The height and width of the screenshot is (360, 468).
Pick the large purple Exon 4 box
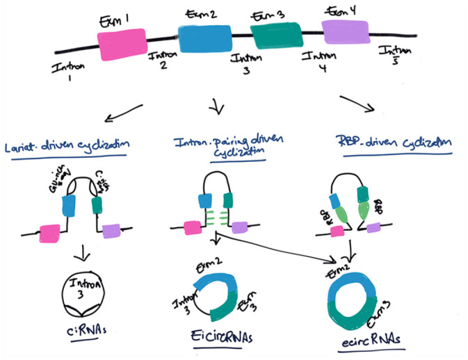point(346,31)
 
